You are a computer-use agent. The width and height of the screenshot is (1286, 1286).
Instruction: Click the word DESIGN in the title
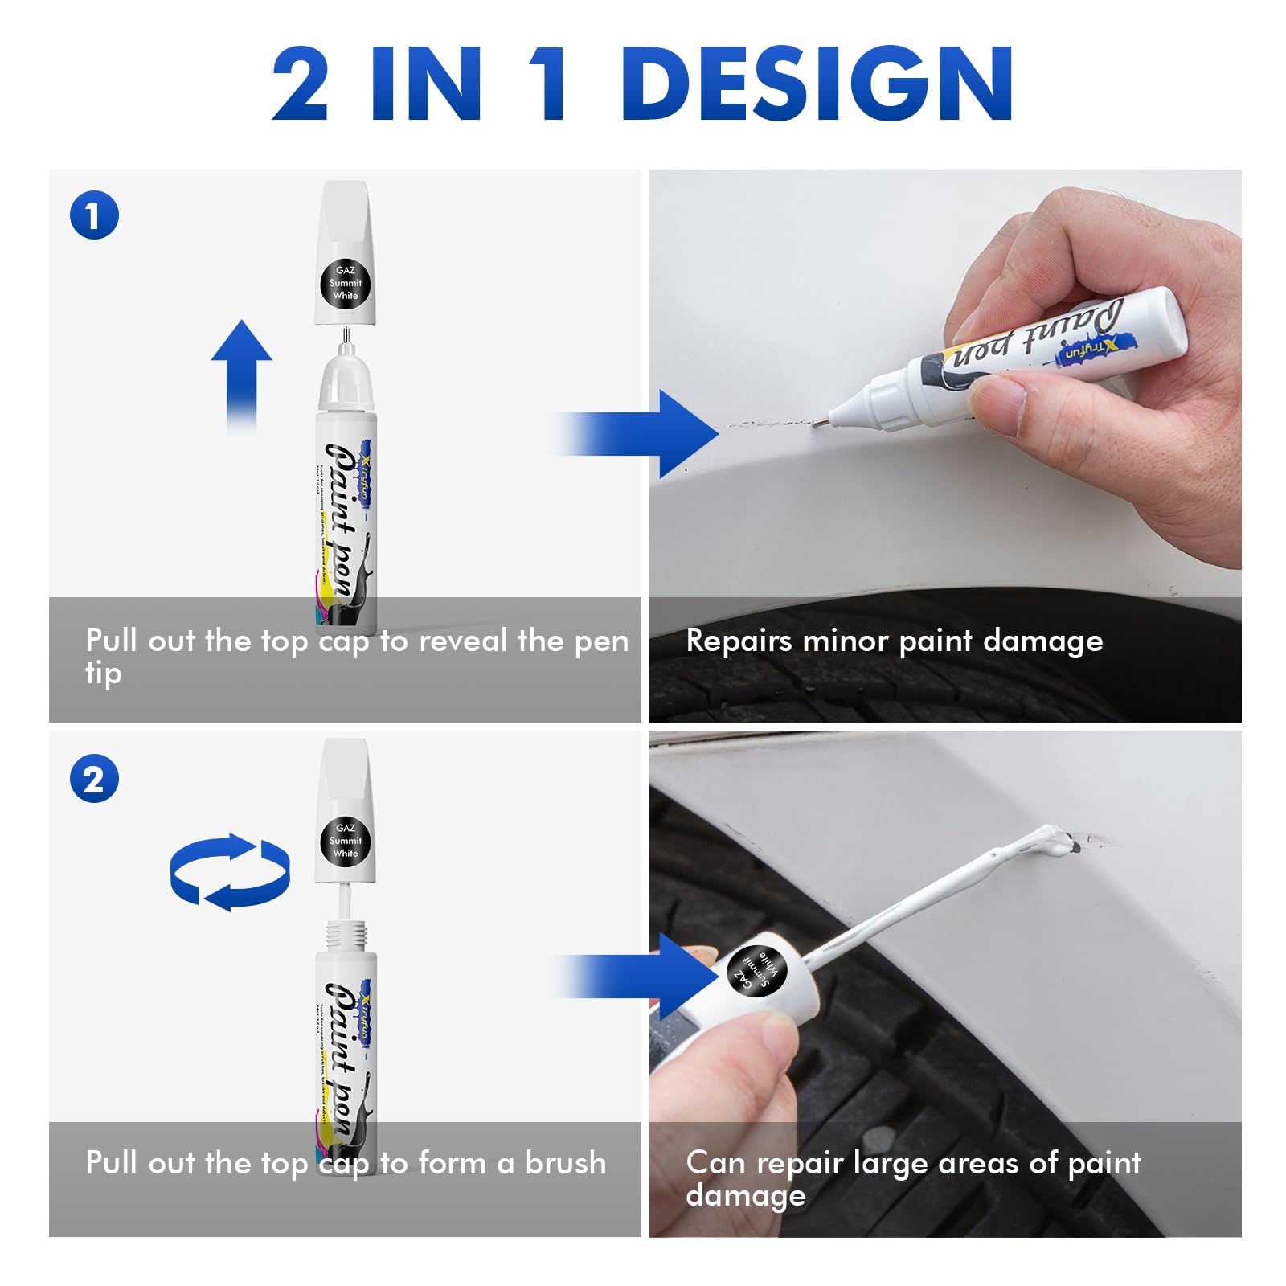816,84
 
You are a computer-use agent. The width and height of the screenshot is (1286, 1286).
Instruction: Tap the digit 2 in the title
300,84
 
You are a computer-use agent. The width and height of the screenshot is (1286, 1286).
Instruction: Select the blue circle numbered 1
94,216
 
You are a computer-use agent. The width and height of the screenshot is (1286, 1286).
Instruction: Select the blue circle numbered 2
94,780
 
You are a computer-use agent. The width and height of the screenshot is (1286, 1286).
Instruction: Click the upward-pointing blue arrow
241,374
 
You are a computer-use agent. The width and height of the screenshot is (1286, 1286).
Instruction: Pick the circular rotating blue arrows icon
230,872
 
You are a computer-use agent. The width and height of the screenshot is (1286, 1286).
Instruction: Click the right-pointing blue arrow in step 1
643,435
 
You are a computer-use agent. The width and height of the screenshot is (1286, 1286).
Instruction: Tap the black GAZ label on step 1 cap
345,283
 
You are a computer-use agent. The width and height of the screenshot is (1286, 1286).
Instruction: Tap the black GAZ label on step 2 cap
345,841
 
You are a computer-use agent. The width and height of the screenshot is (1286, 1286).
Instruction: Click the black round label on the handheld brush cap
756,971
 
